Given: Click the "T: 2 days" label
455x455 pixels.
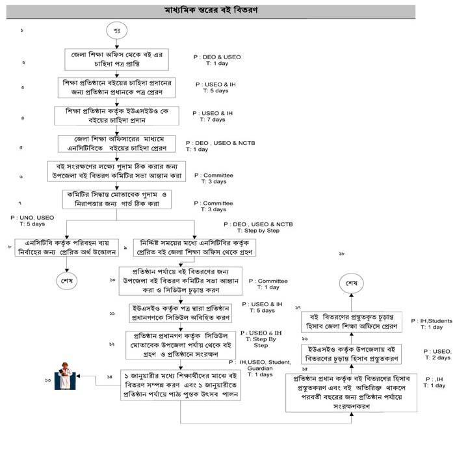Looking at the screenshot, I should click(x=437, y=357).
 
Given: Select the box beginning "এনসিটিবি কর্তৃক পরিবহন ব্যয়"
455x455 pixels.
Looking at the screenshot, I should click(x=68, y=248).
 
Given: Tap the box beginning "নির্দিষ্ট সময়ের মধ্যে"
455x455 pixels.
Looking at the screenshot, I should click(x=193, y=248).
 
